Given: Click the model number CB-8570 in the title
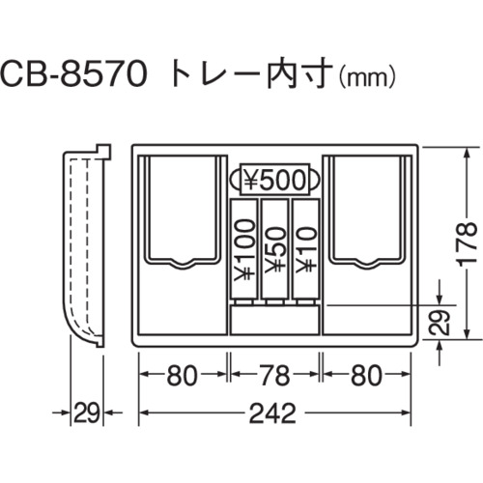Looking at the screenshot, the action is [x=73, y=75].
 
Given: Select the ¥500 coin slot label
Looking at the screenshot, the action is [x=274, y=180].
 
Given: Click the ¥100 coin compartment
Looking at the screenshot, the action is [x=244, y=248].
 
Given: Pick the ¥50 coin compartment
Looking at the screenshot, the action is [x=274, y=248].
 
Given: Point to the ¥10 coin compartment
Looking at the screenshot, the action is [x=305, y=248].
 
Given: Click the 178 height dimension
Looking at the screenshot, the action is [x=467, y=243].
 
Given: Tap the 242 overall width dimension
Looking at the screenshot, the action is [x=272, y=413].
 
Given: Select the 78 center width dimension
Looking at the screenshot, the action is [x=274, y=375].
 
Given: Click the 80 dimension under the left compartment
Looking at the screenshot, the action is [x=182, y=375].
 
